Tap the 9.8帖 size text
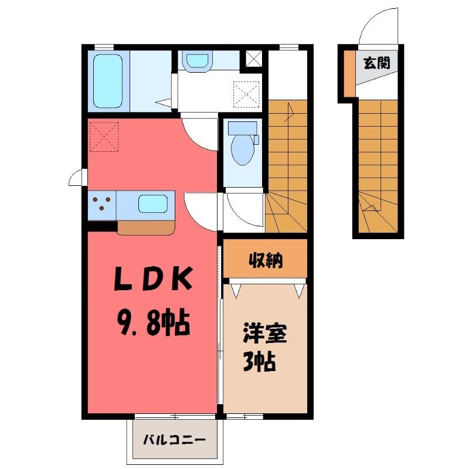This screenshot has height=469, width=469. pyautogui.click(x=153, y=323)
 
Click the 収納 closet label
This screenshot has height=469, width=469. pyautogui.click(x=266, y=260)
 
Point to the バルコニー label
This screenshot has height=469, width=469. pyautogui.click(x=174, y=440)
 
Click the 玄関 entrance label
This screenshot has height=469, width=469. pyautogui.click(x=377, y=63)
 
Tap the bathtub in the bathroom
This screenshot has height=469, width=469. pyautogui.click(x=108, y=81)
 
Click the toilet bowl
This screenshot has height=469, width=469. pyautogui.click(x=242, y=150)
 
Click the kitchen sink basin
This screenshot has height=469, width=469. pyautogui.click(x=152, y=204)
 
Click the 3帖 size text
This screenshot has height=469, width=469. pyautogui.click(x=259, y=361)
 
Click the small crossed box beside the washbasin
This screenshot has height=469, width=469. pyautogui.click(x=254, y=59)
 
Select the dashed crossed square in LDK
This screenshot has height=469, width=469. pyautogui.click(x=104, y=137)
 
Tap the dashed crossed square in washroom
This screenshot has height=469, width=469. pyautogui.click(x=246, y=94)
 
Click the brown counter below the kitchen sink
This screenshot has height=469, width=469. pyautogui.click(x=146, y=228)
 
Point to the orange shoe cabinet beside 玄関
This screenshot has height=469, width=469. pyautogui.click(x=349, y=74)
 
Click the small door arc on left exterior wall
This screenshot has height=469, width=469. pyautogui.click(x=76, y=176)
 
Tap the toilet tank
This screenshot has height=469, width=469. pyautogui.click(x=243, y=128)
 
